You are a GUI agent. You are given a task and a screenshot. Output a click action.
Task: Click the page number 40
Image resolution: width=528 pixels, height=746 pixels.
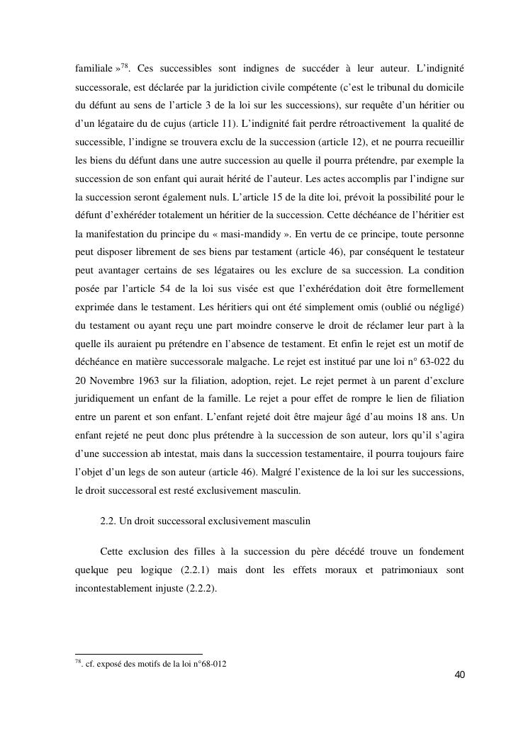point(459,674)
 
